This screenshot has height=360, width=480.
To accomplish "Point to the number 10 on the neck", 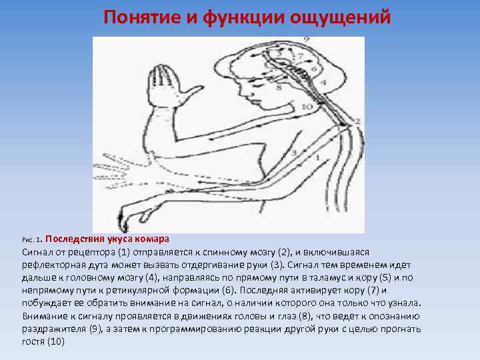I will click(307, 107).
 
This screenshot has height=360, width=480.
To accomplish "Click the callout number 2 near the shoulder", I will click(358, 121).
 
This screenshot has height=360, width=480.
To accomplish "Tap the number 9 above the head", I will click(305, 41).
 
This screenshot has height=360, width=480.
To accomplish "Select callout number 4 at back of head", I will click(323, 81).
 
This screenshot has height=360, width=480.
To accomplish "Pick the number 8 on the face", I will click(279, 87).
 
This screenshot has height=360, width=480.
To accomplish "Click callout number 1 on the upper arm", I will click(318, 157).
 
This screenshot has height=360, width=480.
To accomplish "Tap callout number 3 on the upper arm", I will click(293, 153).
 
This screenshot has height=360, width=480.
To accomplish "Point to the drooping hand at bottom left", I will click(130, 215).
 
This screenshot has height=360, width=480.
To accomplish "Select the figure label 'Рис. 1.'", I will click(32, 239).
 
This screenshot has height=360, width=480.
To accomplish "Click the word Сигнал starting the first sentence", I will click(37, 252).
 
